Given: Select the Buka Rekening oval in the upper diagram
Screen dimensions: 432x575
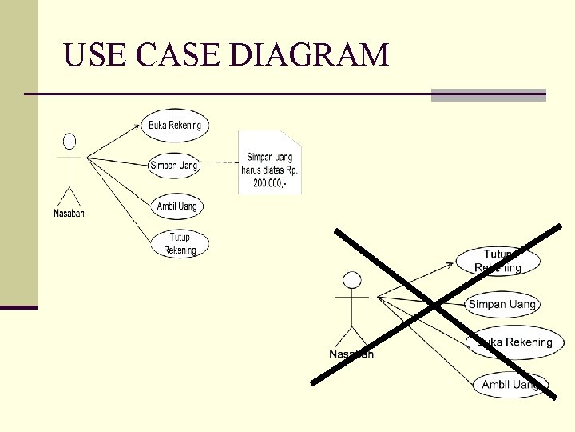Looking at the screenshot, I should pos(175,125).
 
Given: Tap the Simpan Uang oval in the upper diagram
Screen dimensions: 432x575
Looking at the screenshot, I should pos(174,166).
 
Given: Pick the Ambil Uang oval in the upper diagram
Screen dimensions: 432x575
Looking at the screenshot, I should pos(176,206).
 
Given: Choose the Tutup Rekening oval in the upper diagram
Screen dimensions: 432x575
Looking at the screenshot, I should pos(180,243).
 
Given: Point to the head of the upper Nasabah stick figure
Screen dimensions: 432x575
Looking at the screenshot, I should pos(69,142).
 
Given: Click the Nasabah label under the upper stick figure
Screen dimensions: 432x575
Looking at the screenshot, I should pos(69,213).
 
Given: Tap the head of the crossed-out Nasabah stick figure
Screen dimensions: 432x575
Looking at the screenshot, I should pos(351,280).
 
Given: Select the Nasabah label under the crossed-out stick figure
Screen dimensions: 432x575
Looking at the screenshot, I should pos(351,354).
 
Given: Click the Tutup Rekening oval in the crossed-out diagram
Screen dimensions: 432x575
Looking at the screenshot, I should pos(498,261).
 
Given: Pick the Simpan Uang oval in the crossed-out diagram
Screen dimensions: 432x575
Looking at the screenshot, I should pos(502,304).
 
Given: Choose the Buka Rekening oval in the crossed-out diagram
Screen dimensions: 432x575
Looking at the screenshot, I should pos(514,342).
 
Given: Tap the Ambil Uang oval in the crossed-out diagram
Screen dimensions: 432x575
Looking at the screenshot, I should pos(510,385).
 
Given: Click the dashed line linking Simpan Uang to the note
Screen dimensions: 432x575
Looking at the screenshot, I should pos(217,165).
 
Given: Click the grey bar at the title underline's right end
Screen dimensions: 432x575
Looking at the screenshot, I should pos(488,94).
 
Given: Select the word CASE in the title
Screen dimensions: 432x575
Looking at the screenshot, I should pos(181,55).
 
